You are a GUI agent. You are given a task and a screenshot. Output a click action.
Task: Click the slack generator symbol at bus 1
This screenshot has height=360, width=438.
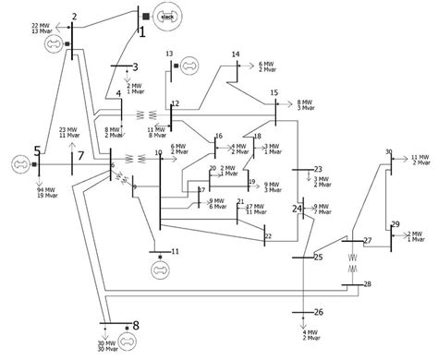[x=166, y=16]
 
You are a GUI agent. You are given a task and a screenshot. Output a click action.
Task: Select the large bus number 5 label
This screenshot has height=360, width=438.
[x=37, y=150]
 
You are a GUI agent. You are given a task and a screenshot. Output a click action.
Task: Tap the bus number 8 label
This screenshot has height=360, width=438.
[x=136, y=326]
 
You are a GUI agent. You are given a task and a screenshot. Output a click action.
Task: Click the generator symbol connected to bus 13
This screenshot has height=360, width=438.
[x=189, y=65]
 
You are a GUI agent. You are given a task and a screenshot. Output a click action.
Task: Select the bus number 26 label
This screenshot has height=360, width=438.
[x=319, y=312]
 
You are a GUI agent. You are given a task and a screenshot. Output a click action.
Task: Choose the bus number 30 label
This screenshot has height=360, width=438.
[x=389, y=151]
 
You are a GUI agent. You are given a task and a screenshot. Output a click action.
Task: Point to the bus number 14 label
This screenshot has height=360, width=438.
[x=236, y=54]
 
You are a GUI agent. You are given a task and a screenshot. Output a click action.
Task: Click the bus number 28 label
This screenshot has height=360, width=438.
[x=367, y=284]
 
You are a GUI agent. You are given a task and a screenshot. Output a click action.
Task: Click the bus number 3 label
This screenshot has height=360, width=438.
[x=135, y=66]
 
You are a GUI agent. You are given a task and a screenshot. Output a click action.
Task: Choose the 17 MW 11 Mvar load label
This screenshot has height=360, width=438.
[x=255, y=183]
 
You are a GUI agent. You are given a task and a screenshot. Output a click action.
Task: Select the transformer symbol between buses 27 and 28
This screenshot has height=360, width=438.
[x=350, y=262]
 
